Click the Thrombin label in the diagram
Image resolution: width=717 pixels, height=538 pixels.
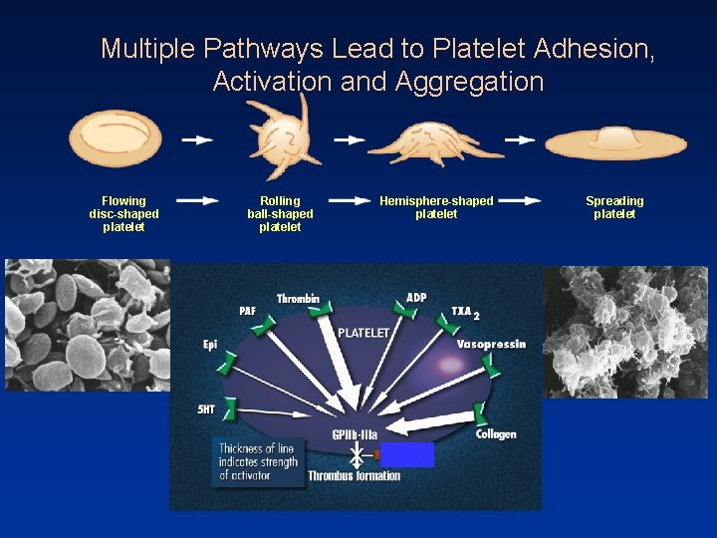[298, 299]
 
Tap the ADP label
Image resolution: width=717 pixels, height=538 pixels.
[416, 298]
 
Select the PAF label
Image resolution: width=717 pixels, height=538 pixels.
[247, 311]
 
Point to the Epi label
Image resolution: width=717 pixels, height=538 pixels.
[210, 345]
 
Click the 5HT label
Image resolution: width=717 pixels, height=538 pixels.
[206, 408]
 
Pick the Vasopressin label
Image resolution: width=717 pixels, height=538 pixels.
[491, 345]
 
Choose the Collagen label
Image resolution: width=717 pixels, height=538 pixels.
[496, 434]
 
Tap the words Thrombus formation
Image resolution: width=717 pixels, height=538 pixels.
[355, 476]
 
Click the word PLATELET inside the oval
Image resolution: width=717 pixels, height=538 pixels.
[363, 332]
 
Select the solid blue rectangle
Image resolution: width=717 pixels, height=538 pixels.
[407, 454]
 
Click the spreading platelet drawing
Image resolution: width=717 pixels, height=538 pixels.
[616, 142]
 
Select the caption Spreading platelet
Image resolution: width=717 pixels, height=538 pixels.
[614, 207]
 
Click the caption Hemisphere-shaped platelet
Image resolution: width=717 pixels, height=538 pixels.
[436, 207]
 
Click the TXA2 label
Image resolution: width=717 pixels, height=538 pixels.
[465, 312]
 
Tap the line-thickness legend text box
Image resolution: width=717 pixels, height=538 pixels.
[258, 461]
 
